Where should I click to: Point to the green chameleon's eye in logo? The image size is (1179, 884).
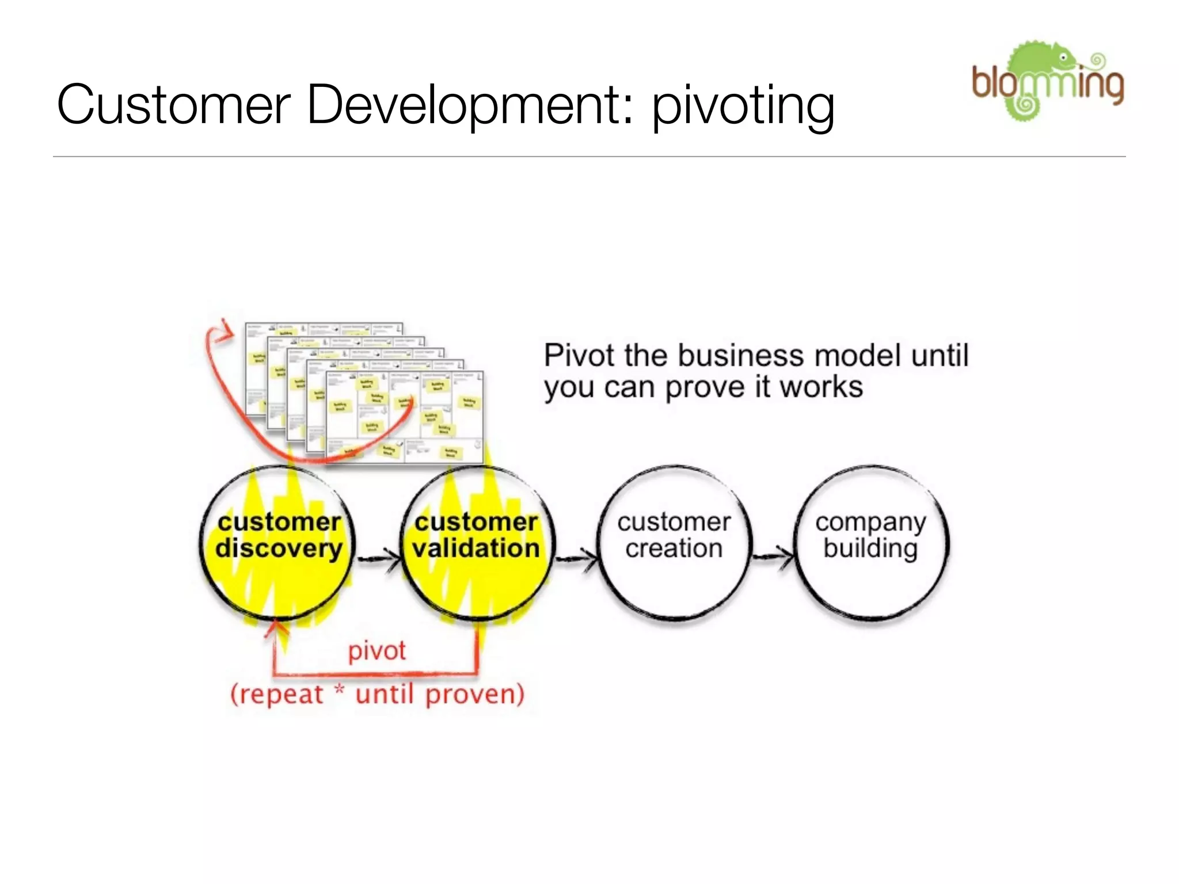click(x=1064, y=58)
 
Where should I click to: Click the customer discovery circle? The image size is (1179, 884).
click(x=278, y=543)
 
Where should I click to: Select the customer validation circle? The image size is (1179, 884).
click(x=476, y=543)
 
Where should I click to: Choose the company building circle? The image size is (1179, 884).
click(x=870, y=543)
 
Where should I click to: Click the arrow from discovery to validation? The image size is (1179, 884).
click(x=378, y=558)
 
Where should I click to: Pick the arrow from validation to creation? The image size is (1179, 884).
click(x=576, y=558)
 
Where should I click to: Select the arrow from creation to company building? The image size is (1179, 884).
click(x=773, y=556)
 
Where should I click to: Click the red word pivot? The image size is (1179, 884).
click(x=376, y=651)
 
